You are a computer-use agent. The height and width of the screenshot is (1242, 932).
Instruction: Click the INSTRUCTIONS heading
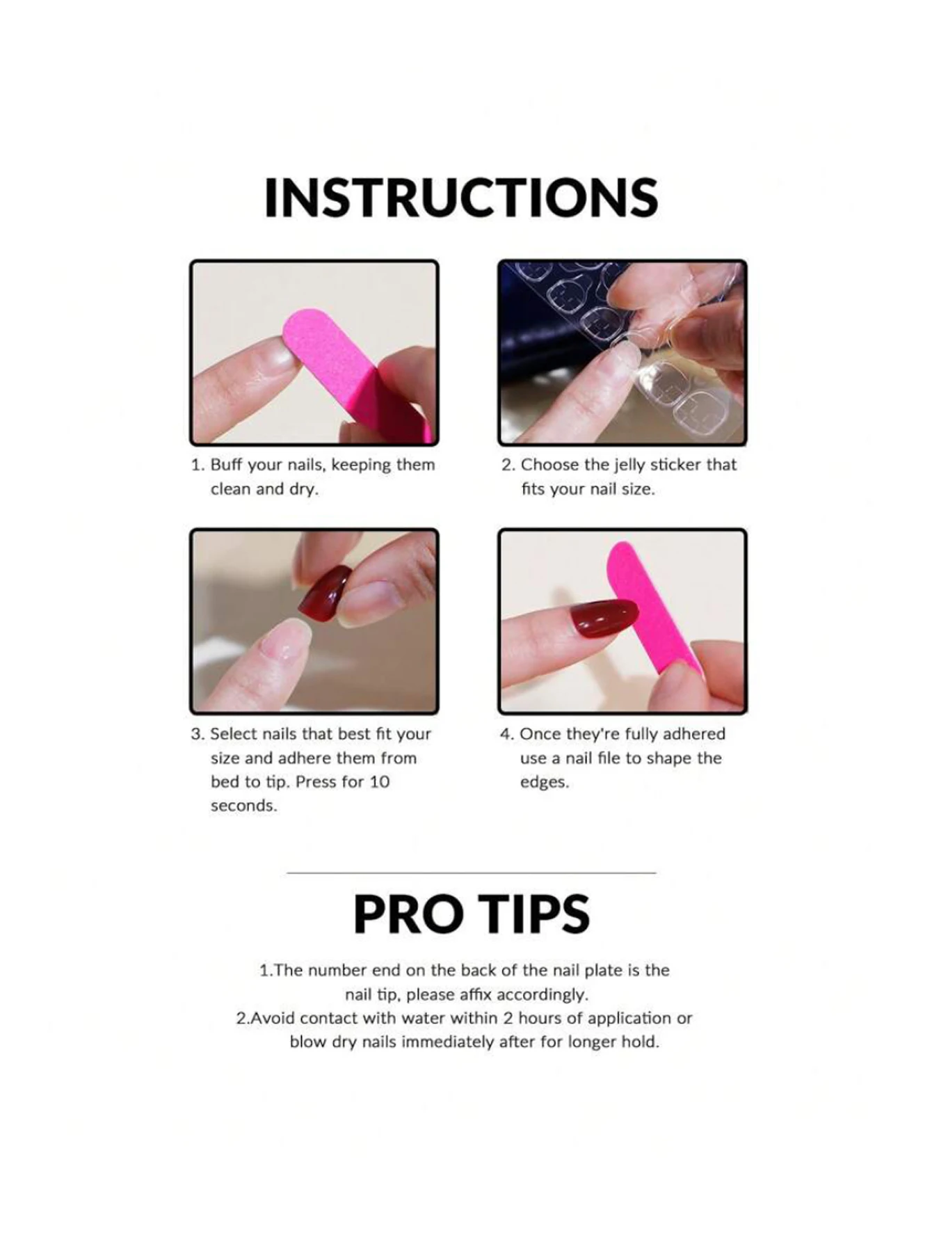pos(461,198)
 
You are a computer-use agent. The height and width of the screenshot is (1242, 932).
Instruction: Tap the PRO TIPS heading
pos(471,914)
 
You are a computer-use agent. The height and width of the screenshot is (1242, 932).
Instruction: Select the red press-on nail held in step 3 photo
pos(326,591)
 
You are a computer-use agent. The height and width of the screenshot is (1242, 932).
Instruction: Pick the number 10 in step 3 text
pos(379,782)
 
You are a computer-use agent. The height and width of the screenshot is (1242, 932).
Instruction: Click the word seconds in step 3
pos(243,806)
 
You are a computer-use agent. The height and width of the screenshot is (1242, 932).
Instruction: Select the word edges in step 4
pos(544,782)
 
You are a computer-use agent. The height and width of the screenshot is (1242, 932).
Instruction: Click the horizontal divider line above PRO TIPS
pos(471,873)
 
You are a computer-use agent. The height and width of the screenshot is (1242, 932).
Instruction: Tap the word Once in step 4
pos(540,734)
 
